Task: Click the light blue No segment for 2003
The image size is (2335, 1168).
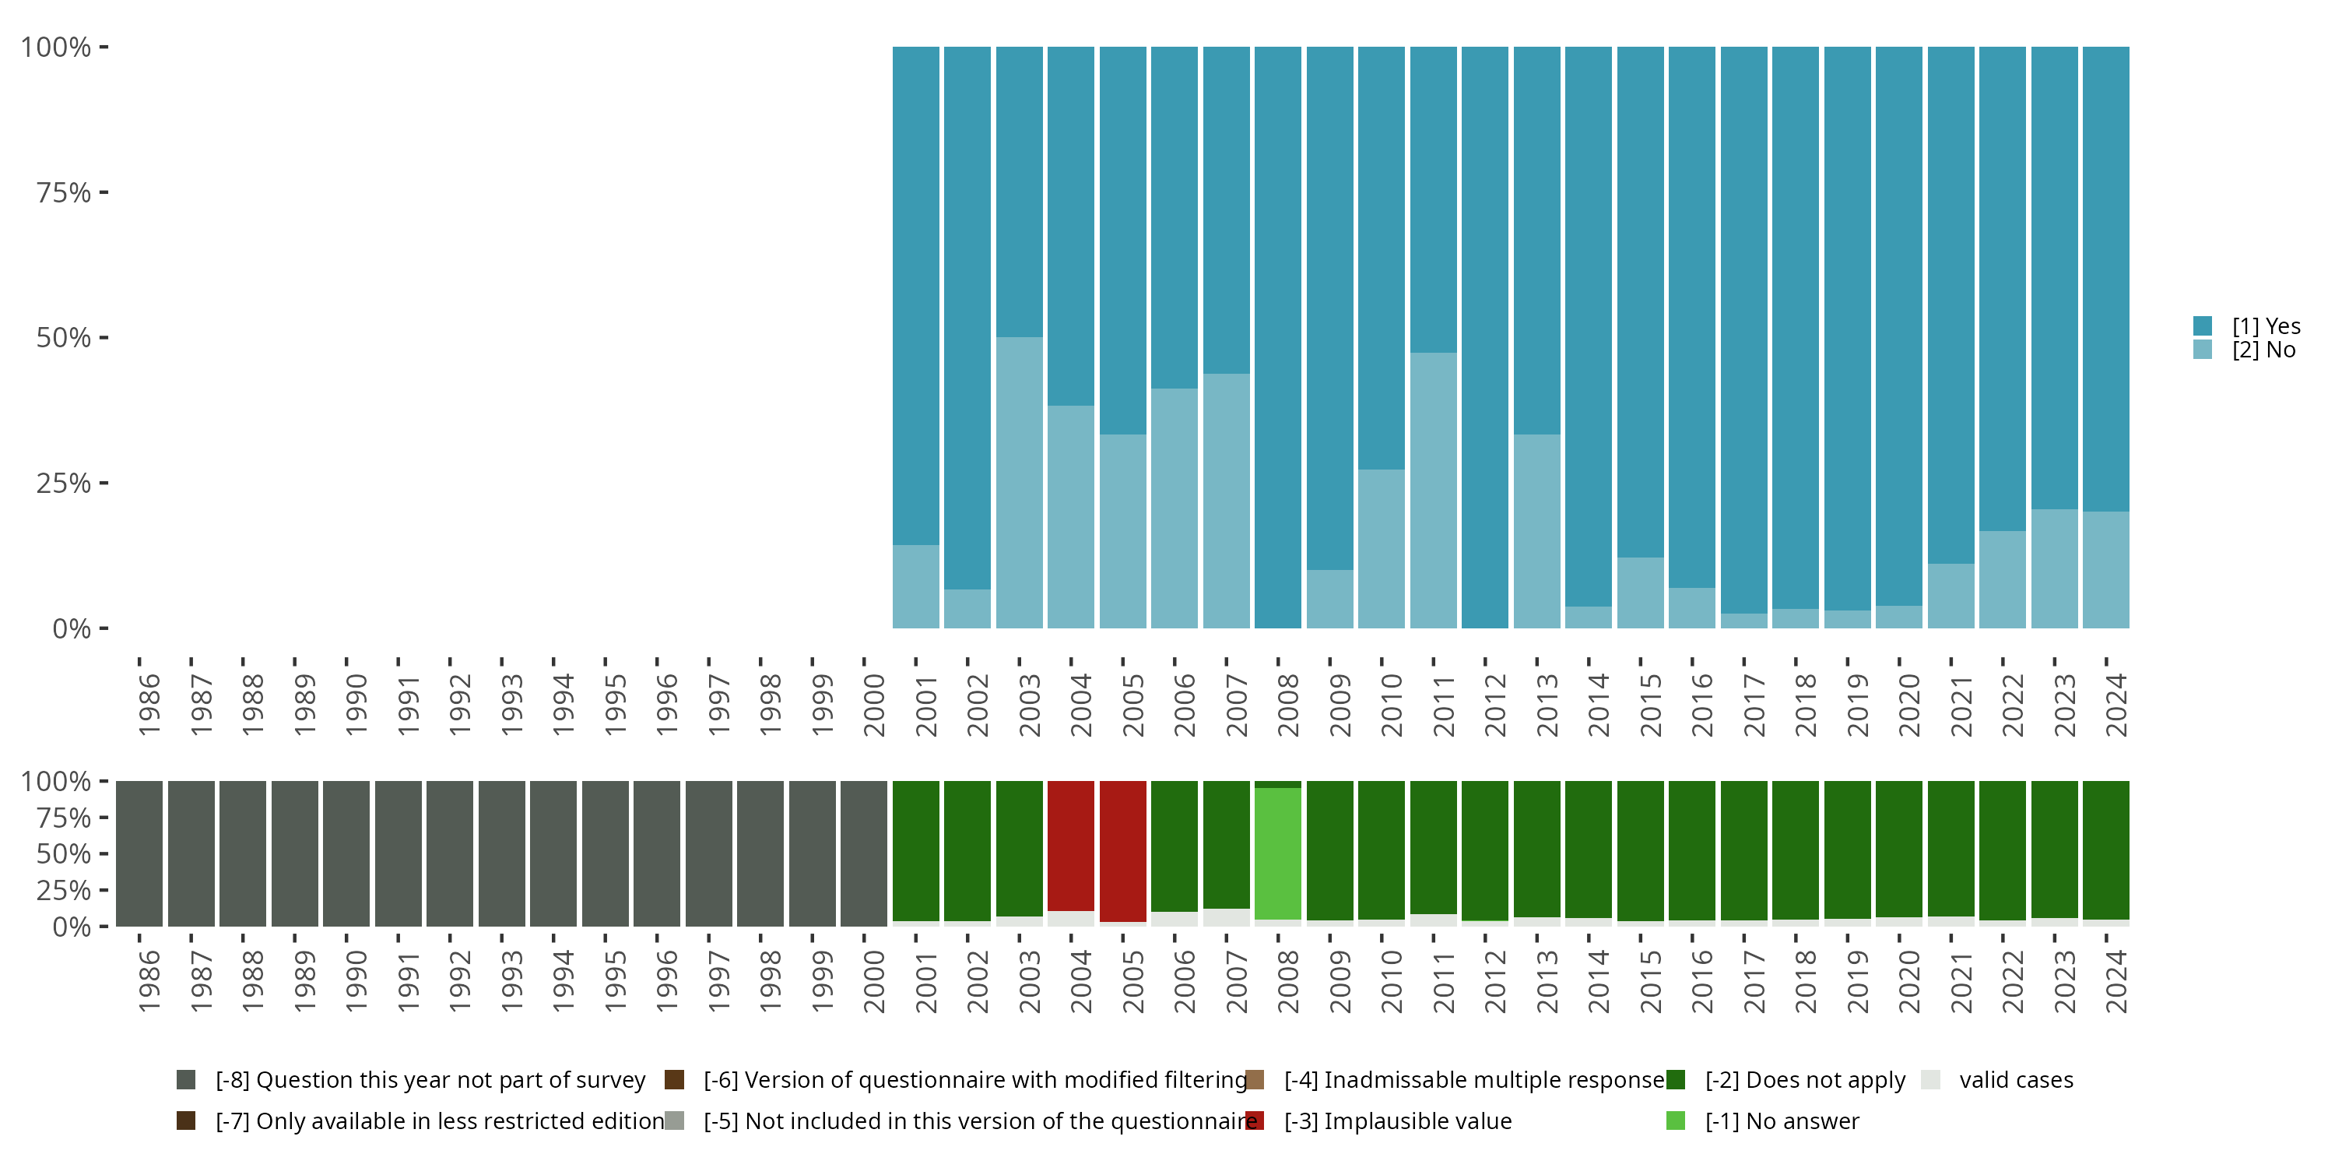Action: point(1019,483)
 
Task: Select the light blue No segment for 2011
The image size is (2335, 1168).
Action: point(1433,490)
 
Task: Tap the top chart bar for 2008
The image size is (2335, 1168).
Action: point(1277,337)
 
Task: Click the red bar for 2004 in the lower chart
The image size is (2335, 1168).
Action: point(1070,845)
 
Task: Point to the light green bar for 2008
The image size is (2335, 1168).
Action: point(1277,853)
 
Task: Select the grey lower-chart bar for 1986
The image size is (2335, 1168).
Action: point(139,853)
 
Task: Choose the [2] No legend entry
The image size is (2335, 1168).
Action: point(2263,350)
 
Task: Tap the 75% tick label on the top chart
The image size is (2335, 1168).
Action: point(64,192)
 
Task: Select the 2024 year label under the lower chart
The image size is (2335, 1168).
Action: point(2116,981)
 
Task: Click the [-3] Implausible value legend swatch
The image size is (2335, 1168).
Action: point(1255,1121)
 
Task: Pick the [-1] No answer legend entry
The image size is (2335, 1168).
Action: point(1780,1121)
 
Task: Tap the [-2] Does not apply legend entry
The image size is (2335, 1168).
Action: point(1804,1080)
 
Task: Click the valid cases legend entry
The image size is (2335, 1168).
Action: point(2015,1080)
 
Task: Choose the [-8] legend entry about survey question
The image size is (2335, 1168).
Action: point(430,1080)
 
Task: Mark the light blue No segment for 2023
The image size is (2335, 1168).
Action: point(2054,568)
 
